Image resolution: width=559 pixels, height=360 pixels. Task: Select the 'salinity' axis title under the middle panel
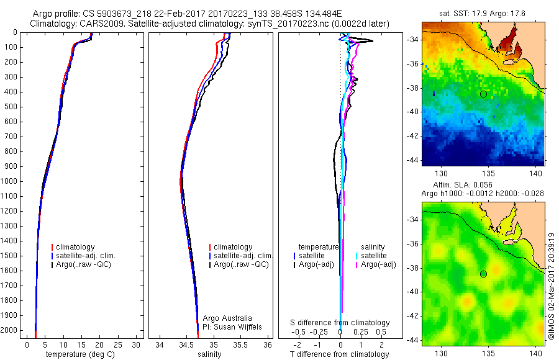(x=209, y=354)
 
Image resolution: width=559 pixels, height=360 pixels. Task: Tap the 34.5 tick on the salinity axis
(x=186, y=344)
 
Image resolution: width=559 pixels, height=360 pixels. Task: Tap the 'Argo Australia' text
(x=228, y=318)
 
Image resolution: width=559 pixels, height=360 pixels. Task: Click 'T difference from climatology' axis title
(x=339, y=354)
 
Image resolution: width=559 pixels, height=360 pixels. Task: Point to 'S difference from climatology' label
(x=340, y=323)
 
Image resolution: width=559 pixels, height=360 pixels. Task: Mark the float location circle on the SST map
(x=483, y=94)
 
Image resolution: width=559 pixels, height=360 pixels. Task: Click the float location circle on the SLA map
(x=483, y=274)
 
